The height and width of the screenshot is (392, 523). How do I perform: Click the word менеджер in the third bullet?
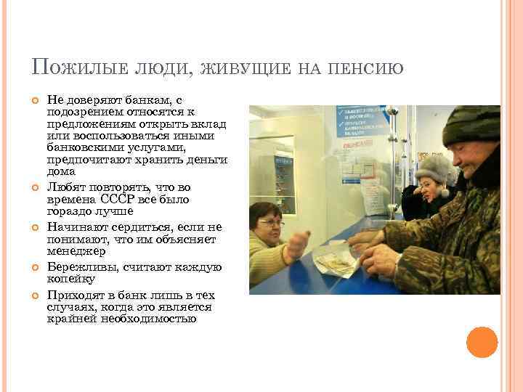click(x=76, y=251)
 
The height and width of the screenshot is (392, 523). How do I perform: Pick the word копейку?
click(x=70, y=279)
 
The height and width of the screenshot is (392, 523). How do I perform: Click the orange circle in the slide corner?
click(x=482, y=342)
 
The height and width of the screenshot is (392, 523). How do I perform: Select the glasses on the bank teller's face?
click(x=270, y=223)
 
